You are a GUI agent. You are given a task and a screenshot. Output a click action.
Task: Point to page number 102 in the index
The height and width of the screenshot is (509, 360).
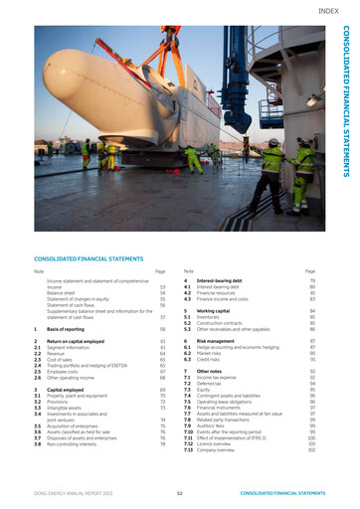(311, 450)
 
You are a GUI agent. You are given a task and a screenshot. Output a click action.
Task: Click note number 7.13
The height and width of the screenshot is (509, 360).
(187, 450)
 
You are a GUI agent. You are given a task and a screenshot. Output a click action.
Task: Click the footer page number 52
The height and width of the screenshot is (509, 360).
(179, 491)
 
